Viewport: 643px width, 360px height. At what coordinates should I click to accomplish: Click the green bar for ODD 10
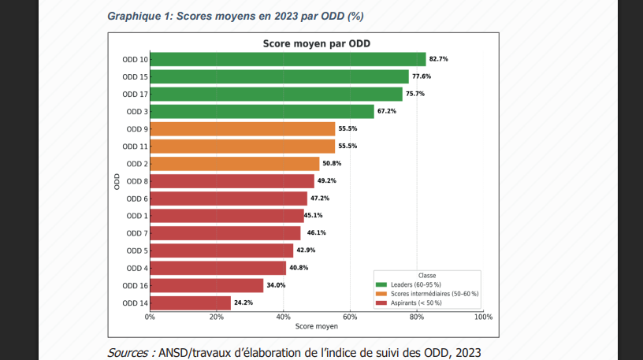pos(288,59)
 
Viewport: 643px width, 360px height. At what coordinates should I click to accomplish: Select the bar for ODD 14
pos(190,302)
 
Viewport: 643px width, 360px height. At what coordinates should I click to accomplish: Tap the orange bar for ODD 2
pos(234,164)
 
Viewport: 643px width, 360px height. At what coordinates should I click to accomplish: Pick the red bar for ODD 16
pos(206,285)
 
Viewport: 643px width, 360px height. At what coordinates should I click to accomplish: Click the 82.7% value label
pos(438,59)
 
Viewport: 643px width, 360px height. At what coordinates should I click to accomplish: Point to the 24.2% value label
pos(243,302)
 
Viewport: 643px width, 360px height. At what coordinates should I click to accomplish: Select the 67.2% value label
pos(386,111)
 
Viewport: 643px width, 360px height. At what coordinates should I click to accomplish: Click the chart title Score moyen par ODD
pos(316,43)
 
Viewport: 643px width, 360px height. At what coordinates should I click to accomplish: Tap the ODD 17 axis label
pos(135,95)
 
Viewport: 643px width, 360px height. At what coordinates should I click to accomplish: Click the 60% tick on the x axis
pos(350,317)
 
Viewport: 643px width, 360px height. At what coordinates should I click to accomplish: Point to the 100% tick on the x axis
pos(483,317)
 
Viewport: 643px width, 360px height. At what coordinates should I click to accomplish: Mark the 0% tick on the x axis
pos(150,317)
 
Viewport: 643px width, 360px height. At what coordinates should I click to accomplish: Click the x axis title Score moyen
pos(316,326)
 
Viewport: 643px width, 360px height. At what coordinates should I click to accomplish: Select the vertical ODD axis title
pos(117,180)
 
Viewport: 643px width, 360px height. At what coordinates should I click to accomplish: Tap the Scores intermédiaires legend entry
pos(429,293)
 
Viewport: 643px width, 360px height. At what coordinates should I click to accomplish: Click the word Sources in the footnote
pos(131,352)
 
